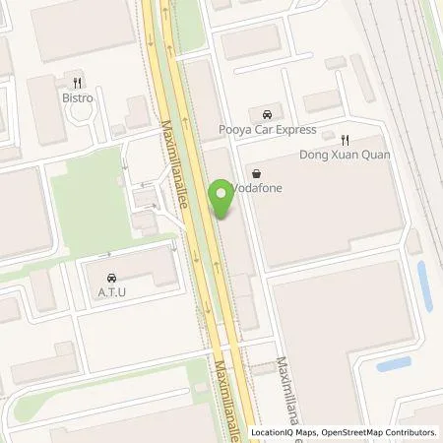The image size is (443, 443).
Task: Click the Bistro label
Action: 79,99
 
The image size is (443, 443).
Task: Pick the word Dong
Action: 314,156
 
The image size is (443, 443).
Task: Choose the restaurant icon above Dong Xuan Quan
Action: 345,140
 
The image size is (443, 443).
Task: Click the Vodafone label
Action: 257,190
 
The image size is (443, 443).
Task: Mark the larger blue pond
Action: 424,285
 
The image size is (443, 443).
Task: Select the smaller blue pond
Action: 394,363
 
